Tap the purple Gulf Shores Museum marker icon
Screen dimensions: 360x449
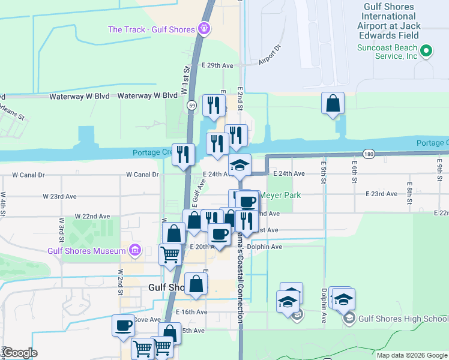(x=135, y=250)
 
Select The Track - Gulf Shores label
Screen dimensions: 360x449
(x=151, y=29)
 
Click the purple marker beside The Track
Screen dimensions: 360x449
(x=204, y=28)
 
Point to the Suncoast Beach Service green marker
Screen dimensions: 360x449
(x=426, y=51)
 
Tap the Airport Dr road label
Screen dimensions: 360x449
(x=270, y=55)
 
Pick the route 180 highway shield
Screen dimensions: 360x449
(x=369, y=154)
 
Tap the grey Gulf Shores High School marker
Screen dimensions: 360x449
(x=349, y=317)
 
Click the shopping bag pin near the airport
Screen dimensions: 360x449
(x=333, y=104)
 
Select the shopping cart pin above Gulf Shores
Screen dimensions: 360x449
(x=170, y=255)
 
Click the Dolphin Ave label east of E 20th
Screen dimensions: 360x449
(x=268, y=247)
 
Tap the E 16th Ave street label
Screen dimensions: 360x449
(x=192, y=312)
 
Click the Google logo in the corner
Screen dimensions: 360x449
(x=20, y=353)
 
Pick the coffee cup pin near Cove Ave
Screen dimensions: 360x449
(x=124, y=326)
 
